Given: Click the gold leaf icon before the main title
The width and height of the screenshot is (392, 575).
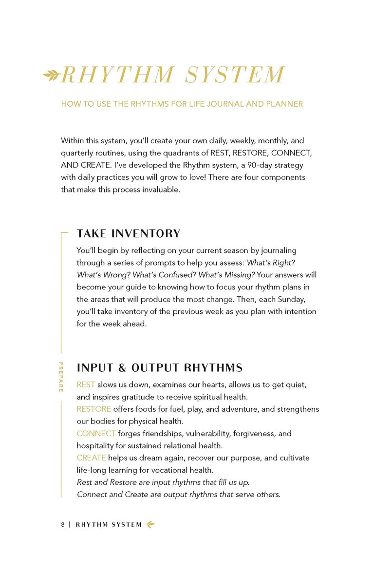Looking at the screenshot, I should point(51,75).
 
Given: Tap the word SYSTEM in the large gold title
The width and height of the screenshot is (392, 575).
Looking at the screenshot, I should point(235,75).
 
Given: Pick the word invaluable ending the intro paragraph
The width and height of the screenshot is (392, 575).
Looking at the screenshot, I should point(161,190).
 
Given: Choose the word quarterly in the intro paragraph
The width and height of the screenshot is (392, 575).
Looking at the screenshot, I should point(77,153).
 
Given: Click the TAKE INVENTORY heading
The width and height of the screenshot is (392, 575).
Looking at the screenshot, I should point(129,233).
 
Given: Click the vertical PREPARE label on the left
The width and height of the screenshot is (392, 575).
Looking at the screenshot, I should point(61,377).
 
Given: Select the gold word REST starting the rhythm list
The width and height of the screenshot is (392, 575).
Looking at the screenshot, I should point(86,384).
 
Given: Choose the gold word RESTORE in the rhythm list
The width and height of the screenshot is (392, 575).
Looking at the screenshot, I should point(93,409).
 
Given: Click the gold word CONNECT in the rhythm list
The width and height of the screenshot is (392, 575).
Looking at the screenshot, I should point(96,433).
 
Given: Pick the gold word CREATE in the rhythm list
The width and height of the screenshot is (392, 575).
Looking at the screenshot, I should point(91,458).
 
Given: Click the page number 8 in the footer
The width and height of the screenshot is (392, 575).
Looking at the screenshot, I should point(63,525).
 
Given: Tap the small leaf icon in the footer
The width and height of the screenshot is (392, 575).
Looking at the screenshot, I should point(150,525).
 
